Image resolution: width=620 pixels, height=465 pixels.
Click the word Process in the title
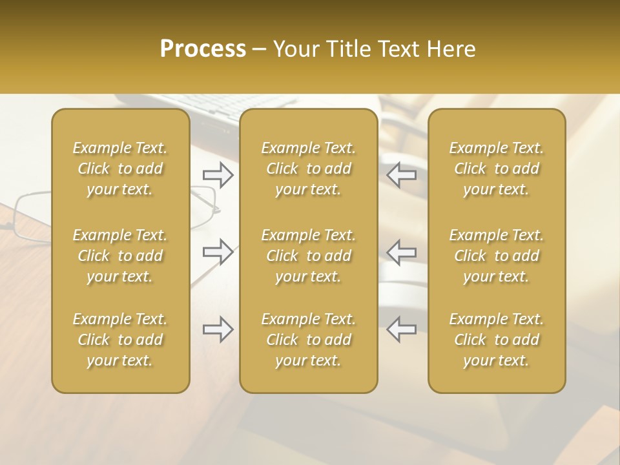[203, 49]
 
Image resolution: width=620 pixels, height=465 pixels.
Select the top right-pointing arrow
[218, 175]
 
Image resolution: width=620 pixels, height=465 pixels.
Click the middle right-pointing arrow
[218, 251]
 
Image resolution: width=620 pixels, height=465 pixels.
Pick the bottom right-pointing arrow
[218, 329]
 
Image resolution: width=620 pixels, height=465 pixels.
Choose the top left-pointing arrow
[402, 175]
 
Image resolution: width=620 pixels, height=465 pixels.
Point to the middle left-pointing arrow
[402, 251]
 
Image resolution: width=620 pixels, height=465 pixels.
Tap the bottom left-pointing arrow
[402, 329]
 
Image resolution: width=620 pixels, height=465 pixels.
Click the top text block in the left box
[120, 169]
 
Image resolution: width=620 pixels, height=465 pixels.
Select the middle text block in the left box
[120, 256]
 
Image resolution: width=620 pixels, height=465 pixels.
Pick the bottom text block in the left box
[120, 340]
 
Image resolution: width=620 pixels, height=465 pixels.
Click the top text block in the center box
[308, 169]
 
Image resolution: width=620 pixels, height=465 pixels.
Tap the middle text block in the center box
[308, 256]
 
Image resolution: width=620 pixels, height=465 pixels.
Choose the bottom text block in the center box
[308, 340]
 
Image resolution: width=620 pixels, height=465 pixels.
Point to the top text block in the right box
[496, 169]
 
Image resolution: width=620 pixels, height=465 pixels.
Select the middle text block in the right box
[496, 256]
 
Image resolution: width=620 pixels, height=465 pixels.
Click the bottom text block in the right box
[496, 340]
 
